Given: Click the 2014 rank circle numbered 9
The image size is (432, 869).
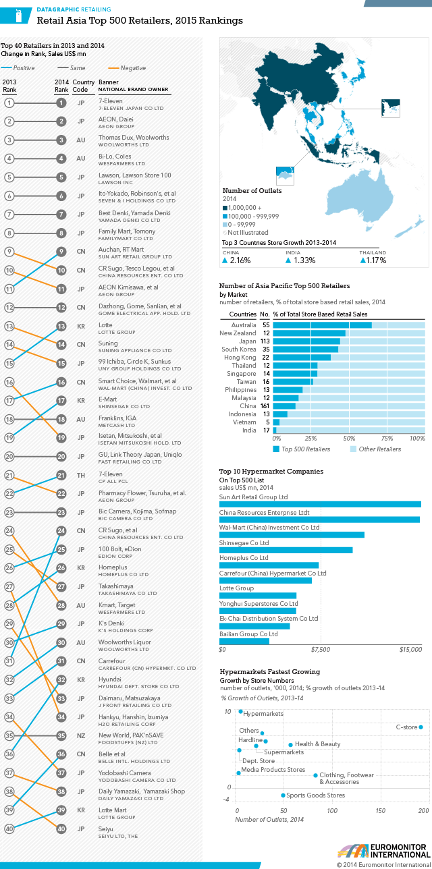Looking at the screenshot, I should pyautogui.click(x=61, y=252).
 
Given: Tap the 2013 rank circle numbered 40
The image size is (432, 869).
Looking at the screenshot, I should pyautogui.click(x=9, y=829).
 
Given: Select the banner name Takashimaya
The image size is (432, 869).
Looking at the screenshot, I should pyautogui.click(x=115, y=587).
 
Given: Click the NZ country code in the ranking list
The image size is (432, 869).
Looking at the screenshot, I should pyautogui.click(x=80, y=735).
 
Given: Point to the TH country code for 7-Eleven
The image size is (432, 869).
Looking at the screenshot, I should pyautogui.click(x=80, y=476).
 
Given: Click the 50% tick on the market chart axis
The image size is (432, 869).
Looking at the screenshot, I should pyautogui.click(x=349, y=438).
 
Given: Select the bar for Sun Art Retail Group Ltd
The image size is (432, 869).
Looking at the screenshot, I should pyautogui.click(x=320, y=504).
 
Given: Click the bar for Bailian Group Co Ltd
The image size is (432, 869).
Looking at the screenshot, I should pyautogui.click(x=244, y=641).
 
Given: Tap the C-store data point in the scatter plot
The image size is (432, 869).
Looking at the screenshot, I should pyautogui.click(x=421, y=727).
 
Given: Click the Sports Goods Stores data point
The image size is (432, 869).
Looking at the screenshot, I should pyautogui.click(x=283, y=795).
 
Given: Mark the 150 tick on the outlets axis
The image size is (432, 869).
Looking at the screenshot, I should pyautogui.click(x=381, y=810).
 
